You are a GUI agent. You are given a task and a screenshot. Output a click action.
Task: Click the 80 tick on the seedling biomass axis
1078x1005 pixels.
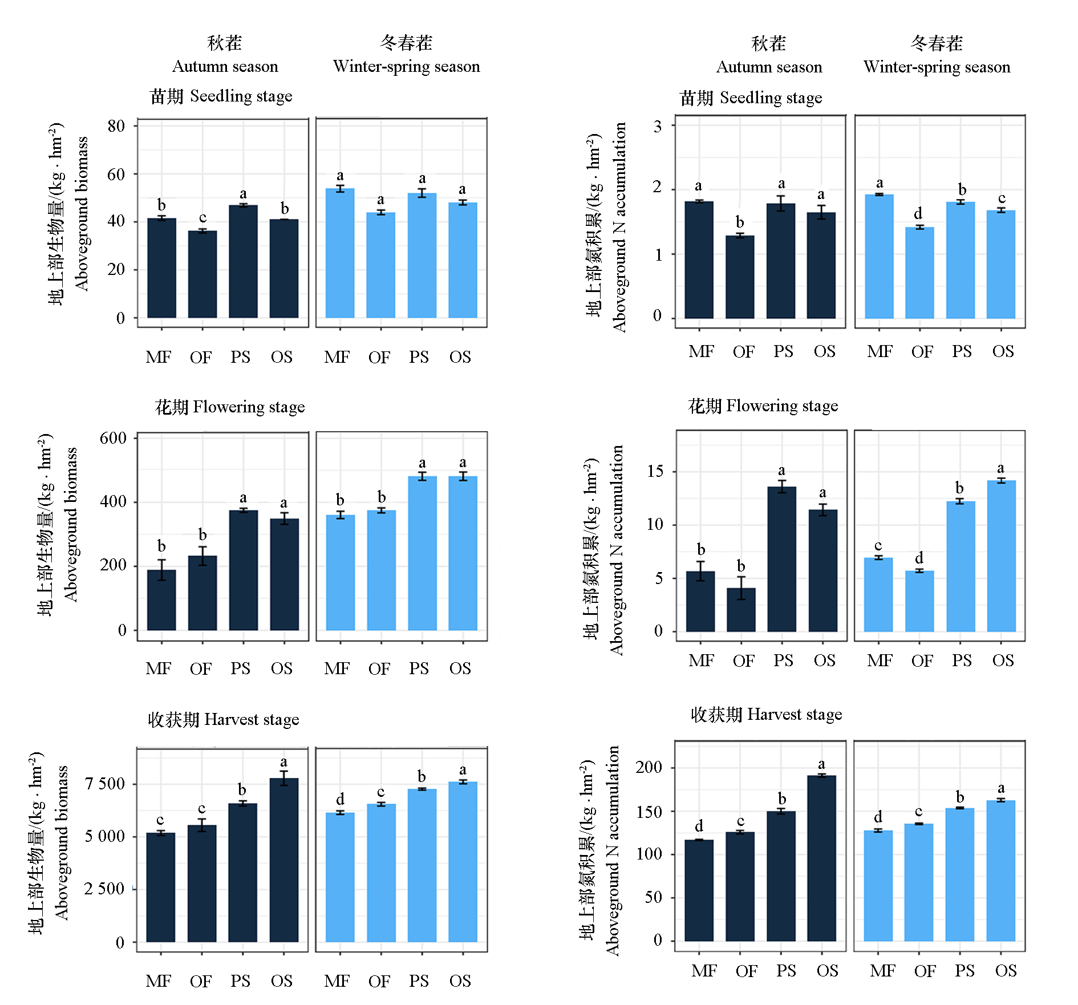116,126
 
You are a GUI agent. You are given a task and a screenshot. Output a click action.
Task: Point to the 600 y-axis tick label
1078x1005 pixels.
113,438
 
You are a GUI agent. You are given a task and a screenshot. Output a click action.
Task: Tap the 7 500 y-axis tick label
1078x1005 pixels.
104,784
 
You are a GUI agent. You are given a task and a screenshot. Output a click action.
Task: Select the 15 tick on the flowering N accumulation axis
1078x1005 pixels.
655,471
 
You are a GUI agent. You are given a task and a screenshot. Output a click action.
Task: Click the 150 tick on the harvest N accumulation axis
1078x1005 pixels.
649,812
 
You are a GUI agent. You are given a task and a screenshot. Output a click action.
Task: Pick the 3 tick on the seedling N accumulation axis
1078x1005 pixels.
658,126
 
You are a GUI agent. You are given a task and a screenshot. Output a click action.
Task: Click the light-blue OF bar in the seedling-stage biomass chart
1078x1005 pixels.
380,265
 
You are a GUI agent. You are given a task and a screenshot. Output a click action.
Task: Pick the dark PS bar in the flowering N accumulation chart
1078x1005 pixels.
781,559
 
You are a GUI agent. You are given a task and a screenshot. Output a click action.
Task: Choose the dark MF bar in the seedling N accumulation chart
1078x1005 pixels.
699,260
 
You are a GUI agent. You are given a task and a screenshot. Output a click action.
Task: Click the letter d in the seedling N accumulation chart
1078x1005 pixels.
918,213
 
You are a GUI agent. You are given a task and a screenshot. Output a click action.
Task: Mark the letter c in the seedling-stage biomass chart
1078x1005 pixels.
202,217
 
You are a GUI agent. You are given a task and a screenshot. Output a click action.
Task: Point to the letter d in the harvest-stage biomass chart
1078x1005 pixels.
340,799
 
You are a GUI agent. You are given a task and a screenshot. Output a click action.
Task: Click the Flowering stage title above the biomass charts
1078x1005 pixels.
230,407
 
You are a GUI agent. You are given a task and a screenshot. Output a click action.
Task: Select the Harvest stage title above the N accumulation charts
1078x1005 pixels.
766,714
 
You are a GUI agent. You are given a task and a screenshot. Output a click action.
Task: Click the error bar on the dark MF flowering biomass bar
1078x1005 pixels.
161,570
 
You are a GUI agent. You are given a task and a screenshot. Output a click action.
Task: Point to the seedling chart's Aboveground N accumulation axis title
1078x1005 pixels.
619,226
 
